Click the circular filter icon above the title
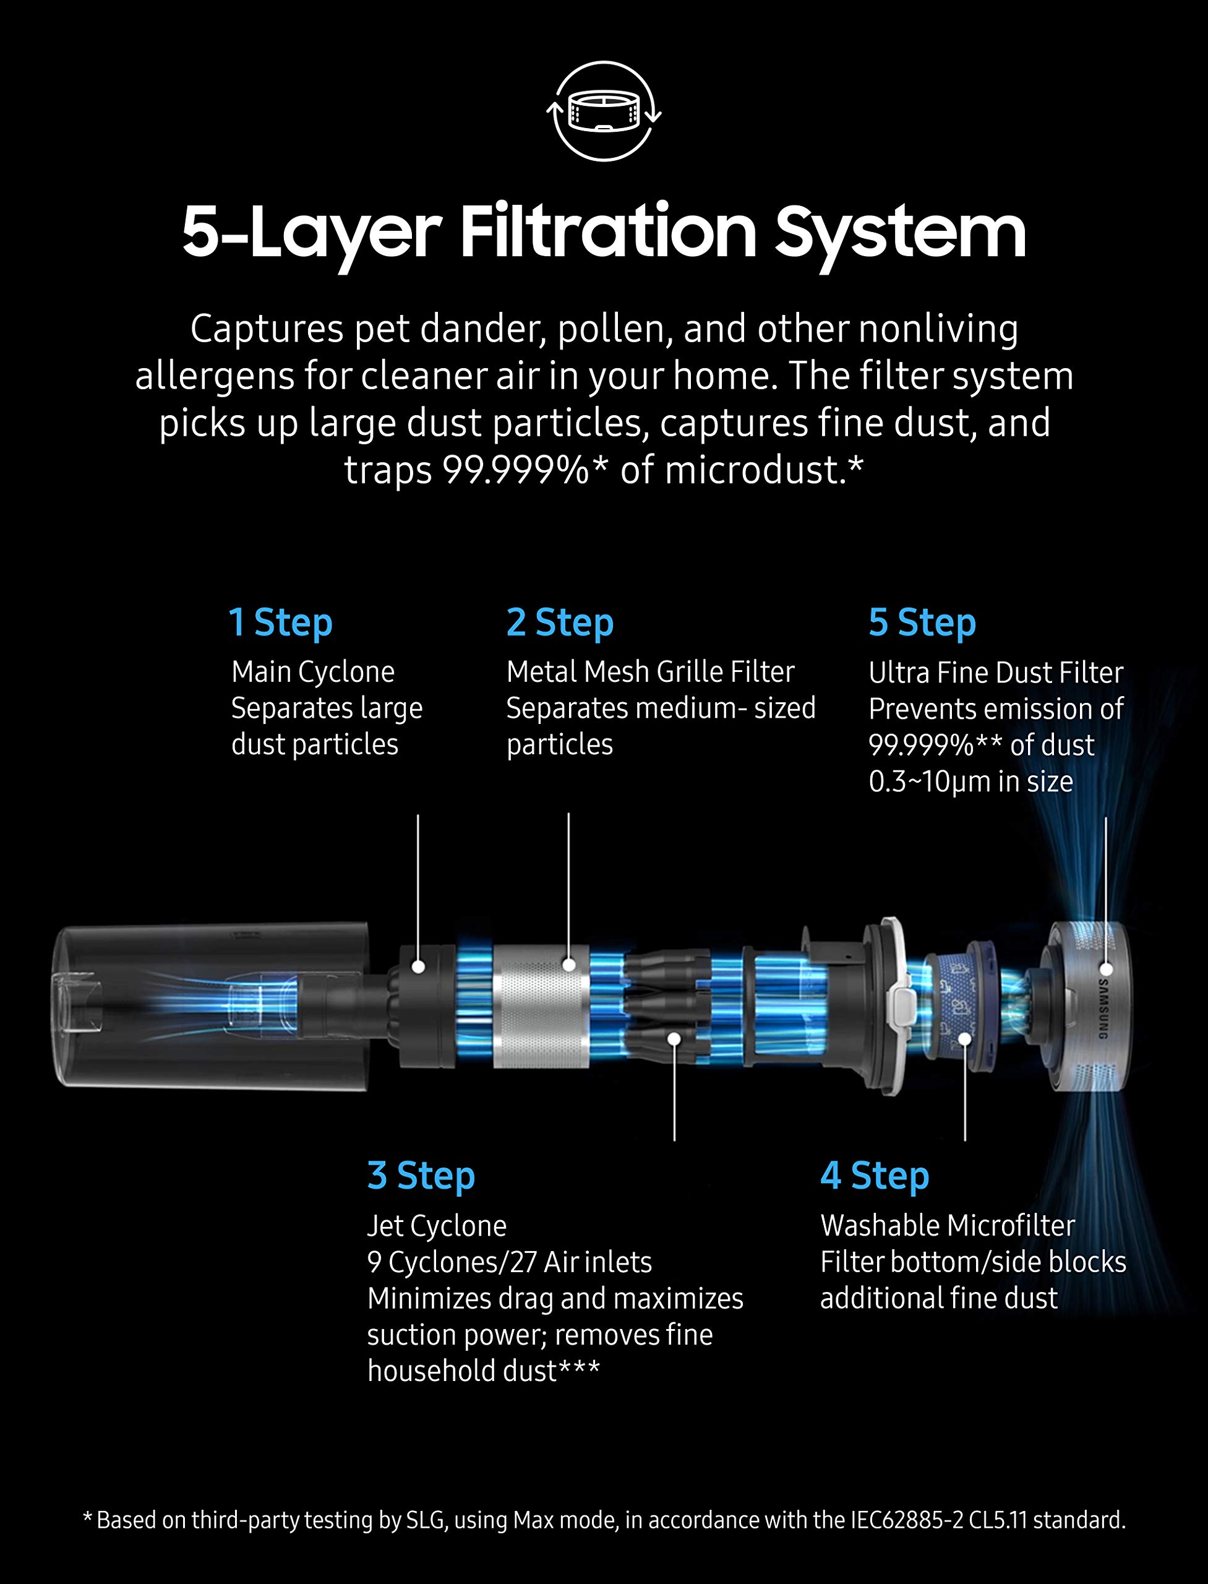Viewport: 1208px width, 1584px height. (604, 111)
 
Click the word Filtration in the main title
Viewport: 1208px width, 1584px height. (608, 231)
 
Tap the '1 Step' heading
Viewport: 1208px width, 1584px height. (280, 622)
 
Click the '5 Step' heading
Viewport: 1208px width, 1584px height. (922, 622)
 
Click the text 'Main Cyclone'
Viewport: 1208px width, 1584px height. (313, 673)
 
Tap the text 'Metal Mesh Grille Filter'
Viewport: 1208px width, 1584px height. (650, 672)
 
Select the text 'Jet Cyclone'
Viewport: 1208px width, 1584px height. (437, 1226)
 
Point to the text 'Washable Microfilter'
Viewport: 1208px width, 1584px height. (948, 1226)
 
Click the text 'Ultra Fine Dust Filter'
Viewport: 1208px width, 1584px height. (996, 673)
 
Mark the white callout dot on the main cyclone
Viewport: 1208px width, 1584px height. (418, 967)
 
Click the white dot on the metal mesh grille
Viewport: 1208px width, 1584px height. (569, 965)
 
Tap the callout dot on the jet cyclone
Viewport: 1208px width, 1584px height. (674, 1038)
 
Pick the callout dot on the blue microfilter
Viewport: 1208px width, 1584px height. (965, 1038)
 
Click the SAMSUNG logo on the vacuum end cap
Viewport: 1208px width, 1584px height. (1103, 1008)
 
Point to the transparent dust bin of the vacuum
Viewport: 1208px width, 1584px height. (212, 1005)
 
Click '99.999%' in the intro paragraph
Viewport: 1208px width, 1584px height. (516, 470)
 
